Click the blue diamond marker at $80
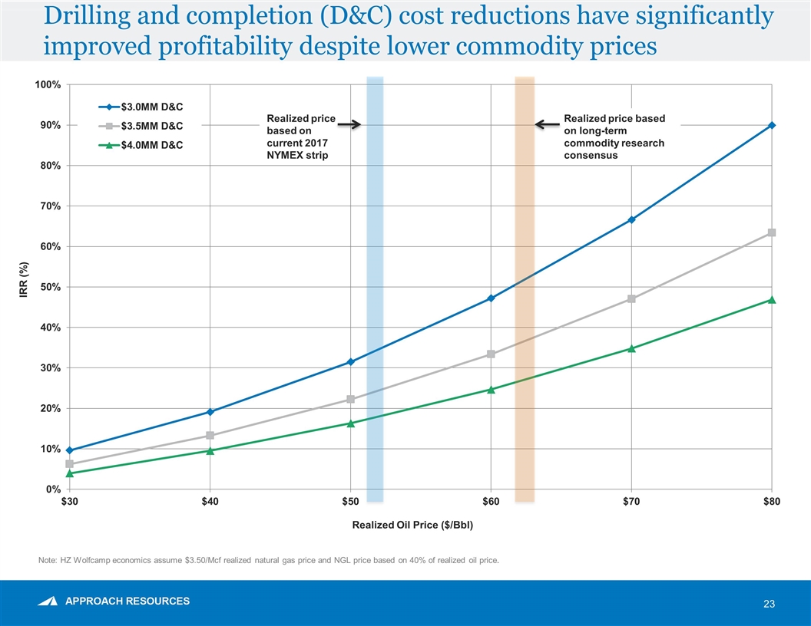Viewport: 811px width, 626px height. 771,125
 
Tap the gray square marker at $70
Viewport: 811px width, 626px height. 631,298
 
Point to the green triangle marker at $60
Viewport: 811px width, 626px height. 491,389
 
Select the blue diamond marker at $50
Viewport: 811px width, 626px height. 350,361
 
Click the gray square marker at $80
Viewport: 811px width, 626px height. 771,232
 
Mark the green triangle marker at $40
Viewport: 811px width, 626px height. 210,450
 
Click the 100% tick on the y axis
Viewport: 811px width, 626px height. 48,84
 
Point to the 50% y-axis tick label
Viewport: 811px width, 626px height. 50,287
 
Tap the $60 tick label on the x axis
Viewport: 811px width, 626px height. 491,502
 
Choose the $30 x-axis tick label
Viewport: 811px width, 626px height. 69,502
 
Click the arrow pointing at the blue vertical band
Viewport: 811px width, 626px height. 349,124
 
